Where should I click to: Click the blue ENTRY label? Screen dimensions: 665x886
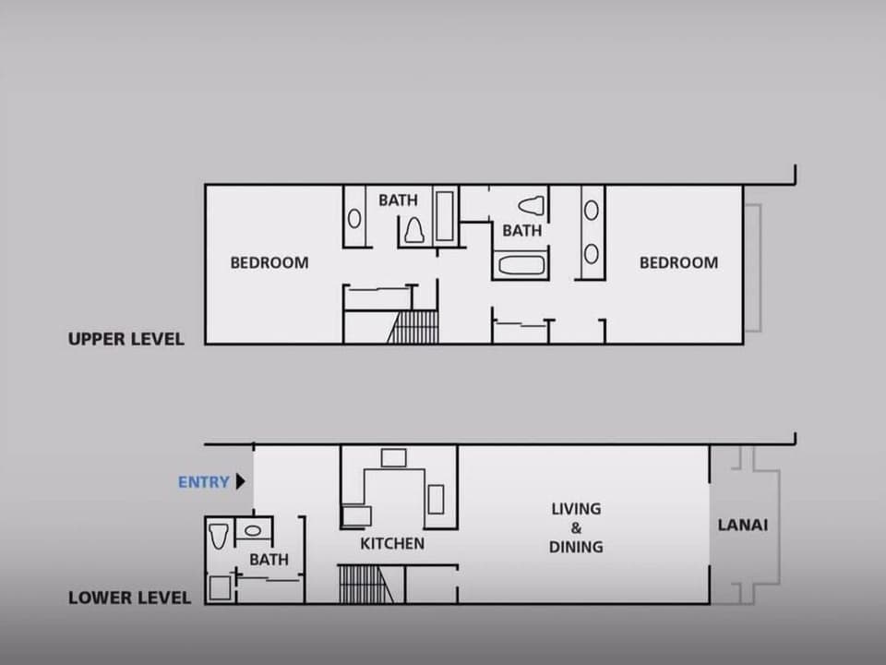coord(203,482)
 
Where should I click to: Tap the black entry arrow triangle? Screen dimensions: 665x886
coord(240,481)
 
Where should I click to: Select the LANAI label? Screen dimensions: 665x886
coord(743,526)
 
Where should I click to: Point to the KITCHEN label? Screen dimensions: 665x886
coord(392,544)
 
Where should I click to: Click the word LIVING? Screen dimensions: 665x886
coord(576,509)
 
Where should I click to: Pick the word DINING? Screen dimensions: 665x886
coord(576,547)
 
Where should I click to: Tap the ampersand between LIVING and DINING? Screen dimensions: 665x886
coord(576,528)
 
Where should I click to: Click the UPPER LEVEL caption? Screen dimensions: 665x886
coord(126,339)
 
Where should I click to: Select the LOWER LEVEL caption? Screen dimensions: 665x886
coord(129,598)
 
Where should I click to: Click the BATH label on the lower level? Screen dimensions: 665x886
coord(269,559)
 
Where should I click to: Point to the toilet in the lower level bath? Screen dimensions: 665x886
coord(219,536)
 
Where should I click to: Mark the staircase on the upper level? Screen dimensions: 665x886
coord(413,327)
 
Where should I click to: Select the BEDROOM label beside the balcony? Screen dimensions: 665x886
coord(678,262)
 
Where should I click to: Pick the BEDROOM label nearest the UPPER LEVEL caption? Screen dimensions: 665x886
coord(269,262)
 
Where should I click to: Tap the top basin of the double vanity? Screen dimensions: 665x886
coord(591,211)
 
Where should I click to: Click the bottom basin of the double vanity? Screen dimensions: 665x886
coord(591,253)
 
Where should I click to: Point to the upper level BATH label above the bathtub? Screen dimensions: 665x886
coord(521,231)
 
